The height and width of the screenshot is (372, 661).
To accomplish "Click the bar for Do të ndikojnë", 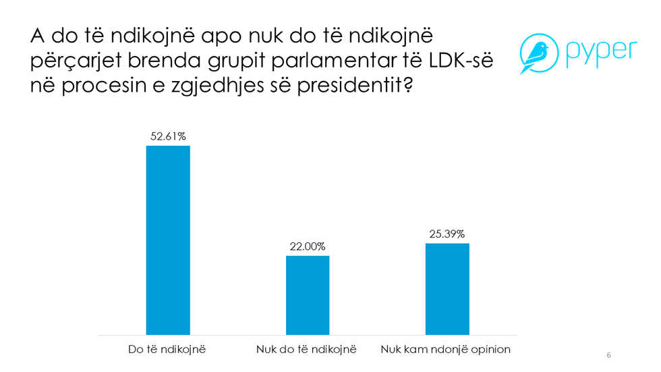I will pyautogui.click(x=168, y=240).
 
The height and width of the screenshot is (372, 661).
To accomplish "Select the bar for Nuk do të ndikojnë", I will pyautogui.click(x=308, y=295).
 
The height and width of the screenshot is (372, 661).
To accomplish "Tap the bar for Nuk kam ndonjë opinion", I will pyautogui.click(x=447, y=288).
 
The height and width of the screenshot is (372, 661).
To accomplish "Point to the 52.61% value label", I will pyautogui.click(x=168, y=136).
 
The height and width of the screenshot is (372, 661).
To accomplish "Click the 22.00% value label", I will pyautogui.click(x=308, y=246).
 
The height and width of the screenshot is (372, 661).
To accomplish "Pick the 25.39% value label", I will pyautogui.click(x=447, y=234).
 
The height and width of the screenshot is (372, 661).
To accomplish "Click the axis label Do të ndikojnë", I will pyautogui.click(x=167, y=350).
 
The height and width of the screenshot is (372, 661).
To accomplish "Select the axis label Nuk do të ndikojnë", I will pyautogui.click(x=306, y=350).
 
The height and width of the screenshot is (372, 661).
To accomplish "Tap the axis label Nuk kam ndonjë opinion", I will pyautogui.click(x=446, y=350).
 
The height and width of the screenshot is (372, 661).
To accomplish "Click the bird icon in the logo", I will pyautogui.click(x=536, y=53).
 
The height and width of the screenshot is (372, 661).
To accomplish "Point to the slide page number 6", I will pyautogui.click(x=609, y=355).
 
